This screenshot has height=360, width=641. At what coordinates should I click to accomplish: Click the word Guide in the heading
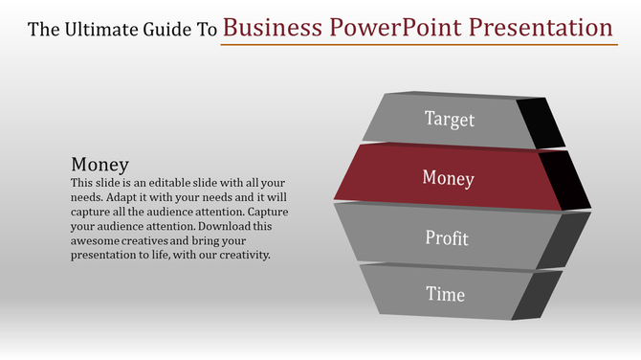pos(170,29)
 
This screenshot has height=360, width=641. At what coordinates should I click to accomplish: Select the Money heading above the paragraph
pos(100,164)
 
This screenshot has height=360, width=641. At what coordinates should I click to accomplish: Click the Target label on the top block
pos(450,120)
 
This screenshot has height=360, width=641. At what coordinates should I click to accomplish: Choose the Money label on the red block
pos(448,177)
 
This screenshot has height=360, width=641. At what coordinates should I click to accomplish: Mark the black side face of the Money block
pos(571,181)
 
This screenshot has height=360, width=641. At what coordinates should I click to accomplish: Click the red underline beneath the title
pos(417,44)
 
